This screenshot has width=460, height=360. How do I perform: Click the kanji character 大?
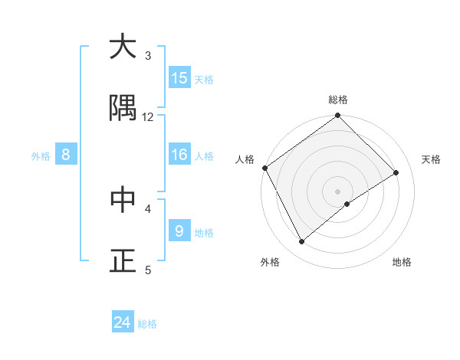(x=123, y=47)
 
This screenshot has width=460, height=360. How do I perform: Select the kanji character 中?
(x=123, y=199)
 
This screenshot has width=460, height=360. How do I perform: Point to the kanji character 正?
(x=123, y=260)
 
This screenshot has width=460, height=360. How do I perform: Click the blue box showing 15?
(x=179, y=77)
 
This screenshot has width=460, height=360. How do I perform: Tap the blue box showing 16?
(x=179, y=155)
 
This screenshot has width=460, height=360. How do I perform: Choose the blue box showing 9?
(x=179, y=231)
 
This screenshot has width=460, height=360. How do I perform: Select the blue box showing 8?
(x=66, y=155)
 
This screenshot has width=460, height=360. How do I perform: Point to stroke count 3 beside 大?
(x=148, y=55)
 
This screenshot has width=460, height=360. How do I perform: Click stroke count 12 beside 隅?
(x=148, y=116)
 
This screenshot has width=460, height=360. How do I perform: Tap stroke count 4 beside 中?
(x=148, y=208)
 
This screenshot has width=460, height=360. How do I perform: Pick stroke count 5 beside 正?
(x=148, y=269)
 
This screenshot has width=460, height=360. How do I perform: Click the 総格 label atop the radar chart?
(x=338, y=100)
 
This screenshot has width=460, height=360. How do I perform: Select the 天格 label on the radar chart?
(x=432, y=159)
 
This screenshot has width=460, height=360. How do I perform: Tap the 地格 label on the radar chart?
(x=402, y=262)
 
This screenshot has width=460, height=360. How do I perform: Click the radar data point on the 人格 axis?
(x=264, y=168)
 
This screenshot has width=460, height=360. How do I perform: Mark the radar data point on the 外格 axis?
(x=301, y=242)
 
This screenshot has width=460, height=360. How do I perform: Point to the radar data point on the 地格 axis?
(x=347, y=204)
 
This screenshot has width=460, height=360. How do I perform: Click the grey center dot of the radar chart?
(x=338, y=191)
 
